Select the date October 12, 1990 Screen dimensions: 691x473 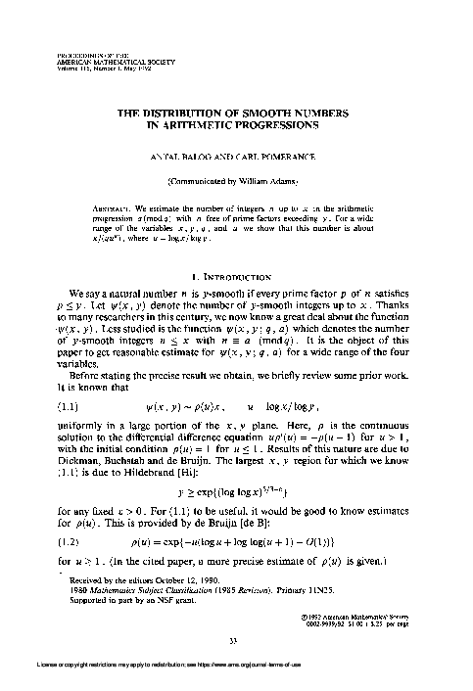point(174,571)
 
